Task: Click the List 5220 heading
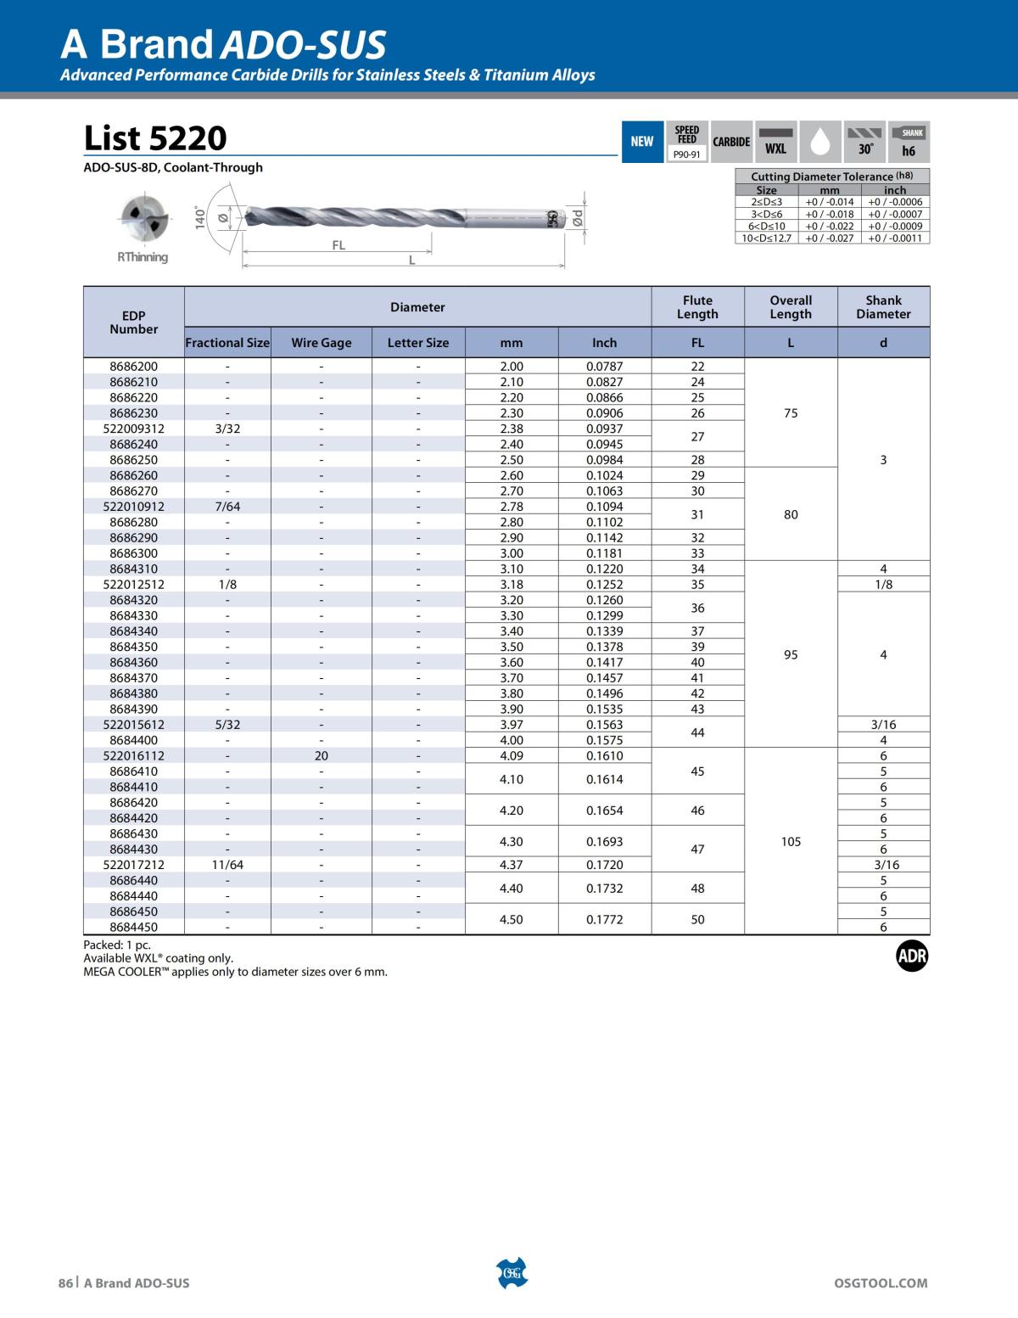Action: (x=155, y=137)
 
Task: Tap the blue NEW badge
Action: (x=642, y=142)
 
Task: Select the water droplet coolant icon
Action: (x=819, y=142)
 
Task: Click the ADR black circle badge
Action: (x=912, y=957)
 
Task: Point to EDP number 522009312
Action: (x=134, y=429)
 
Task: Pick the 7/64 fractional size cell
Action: (x=227, y=507)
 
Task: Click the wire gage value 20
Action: (x=321, y=755)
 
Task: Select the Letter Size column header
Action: (x=418, y=343)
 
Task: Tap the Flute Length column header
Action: (x=697, y=307)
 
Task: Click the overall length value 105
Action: (x=791, y=842)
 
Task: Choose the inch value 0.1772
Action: (x=604, y=919)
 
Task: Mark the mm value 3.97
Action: (x=512, y=725)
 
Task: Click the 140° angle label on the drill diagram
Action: (x=201, y=217)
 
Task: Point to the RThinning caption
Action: (x=143, y=257)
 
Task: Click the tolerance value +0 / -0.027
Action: (x=829, y=238)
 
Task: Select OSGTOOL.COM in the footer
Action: (x=881, y=1283)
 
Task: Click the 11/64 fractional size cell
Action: (x=227, y=865)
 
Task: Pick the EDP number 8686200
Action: (x=134, y=367)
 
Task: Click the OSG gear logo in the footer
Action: (x=512, y=1273)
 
